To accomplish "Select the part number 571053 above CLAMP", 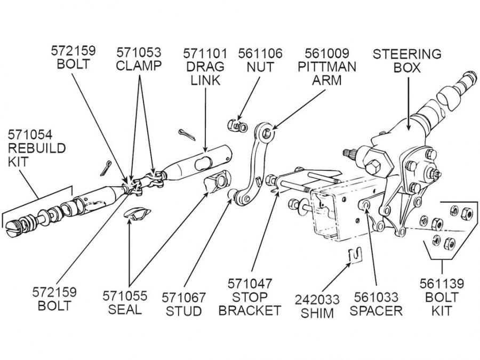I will (x=140, y=53).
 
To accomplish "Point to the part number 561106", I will (x=260, y=53).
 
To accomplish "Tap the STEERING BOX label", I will (x=407, y=60).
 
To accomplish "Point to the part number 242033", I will (x=317, y=299).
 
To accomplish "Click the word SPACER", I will (x=376, y=310).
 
